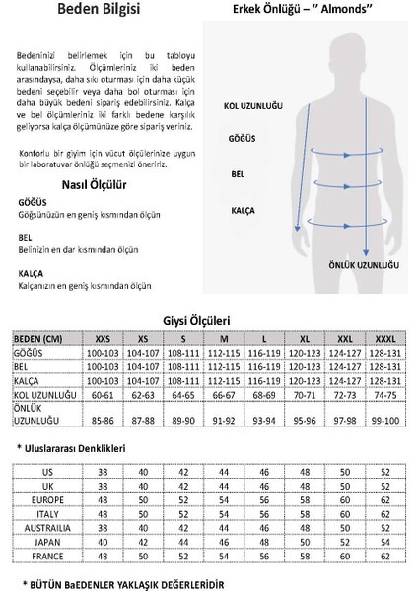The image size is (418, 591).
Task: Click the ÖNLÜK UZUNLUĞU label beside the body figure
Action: (x=365, y=263)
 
